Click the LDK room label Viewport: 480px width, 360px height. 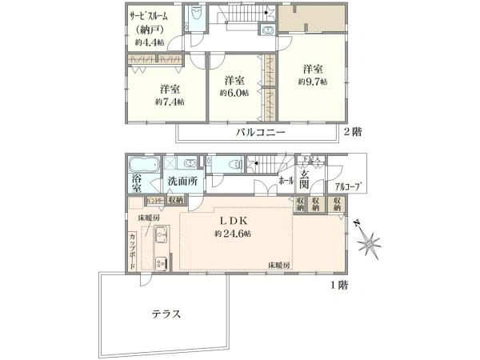[233, 220]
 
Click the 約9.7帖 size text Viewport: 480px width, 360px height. [312, 82]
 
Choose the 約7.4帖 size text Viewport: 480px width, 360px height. [169, 102]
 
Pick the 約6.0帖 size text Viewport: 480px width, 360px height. [234, 93]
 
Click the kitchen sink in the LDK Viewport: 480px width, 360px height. [159, 236]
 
